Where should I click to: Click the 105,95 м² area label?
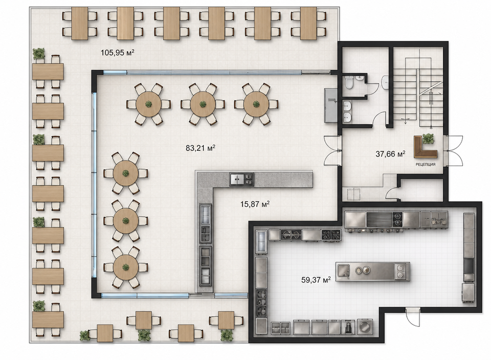tap(118, 53)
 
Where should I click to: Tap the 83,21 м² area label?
tap(200, 148)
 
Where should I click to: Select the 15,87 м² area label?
tap(255, 204)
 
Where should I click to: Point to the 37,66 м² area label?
tap(390, 154)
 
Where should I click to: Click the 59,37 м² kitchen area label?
tap(316, 280)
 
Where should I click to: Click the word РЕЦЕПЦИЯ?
tap(425, 164)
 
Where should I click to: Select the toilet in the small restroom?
tap(348, 83)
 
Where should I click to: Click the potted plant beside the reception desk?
tap(429, 139)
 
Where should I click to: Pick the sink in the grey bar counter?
tap(237, 179)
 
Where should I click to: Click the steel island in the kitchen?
tap(373, 272)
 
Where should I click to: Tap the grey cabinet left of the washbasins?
tap(331, 105)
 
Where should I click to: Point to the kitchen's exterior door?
tap(413, 317)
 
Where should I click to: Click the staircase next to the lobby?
tap(418, 93)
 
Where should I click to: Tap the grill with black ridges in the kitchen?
tap(379, 218)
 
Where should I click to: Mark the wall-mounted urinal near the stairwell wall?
tap(385, 83)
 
